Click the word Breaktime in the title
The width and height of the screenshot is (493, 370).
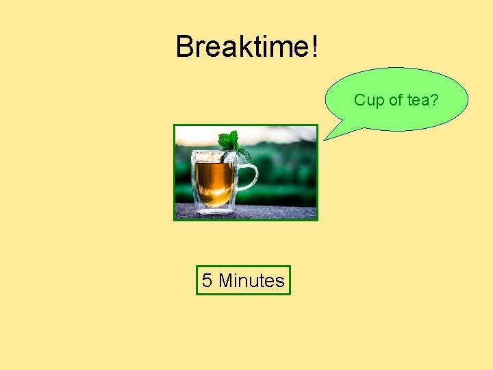point(242,47)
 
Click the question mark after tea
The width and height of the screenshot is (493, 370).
point(435,100)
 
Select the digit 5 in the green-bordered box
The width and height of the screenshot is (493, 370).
point(207,280)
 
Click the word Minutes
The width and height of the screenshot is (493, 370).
point(251,280)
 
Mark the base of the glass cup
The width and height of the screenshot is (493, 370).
point(214,208)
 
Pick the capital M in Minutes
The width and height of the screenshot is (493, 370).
point(226,280)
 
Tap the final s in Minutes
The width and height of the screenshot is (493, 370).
point(279,281)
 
